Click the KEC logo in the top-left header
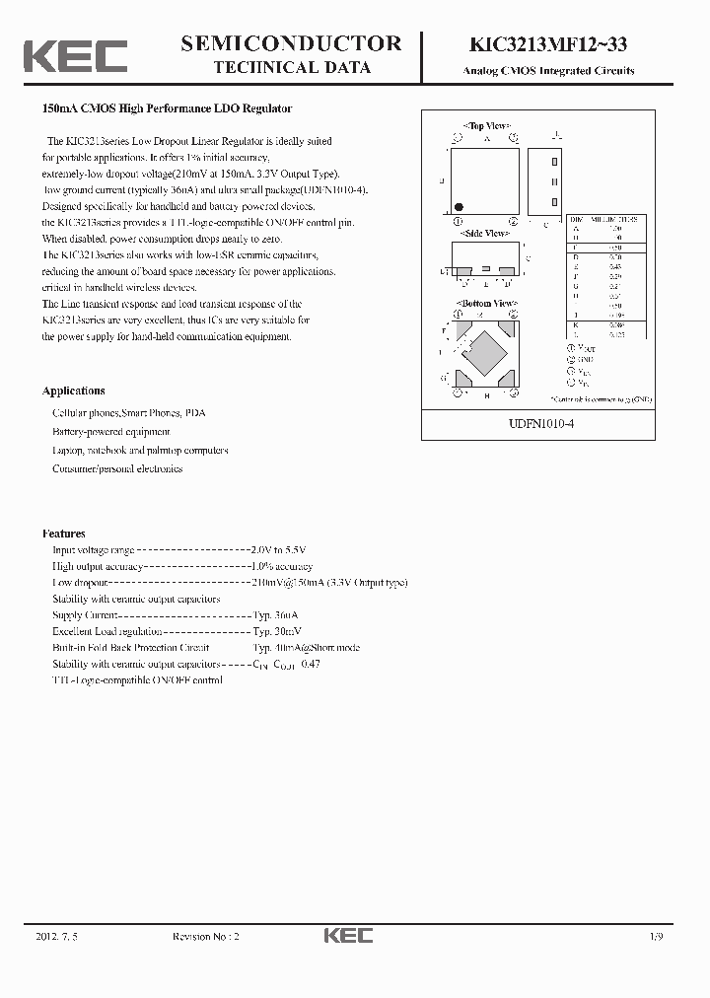point(76,56)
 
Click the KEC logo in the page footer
point(348,936)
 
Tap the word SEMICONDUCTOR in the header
point(292,43)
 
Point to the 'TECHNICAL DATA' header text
point(293,68)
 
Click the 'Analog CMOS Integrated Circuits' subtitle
point(549,71)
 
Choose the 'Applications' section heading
point(74,391)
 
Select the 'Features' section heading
point(64,534)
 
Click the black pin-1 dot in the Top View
point(459,207)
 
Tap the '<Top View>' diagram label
point(485,126)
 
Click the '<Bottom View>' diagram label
point(485,303)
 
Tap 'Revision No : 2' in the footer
point(206,936)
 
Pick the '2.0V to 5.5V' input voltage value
point(279,550)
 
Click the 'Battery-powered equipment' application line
point(110,432)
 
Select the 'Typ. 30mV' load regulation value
point(278,631)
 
